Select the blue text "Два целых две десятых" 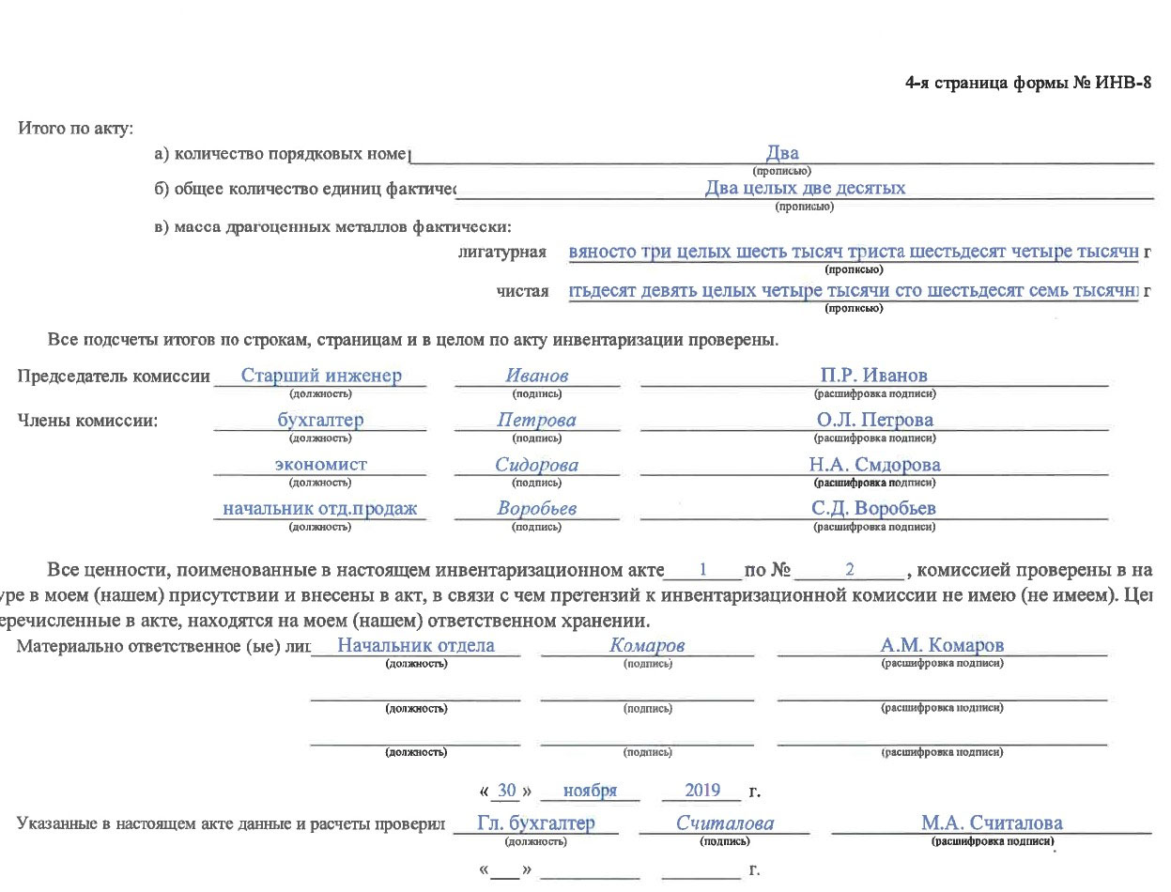coord(805,188)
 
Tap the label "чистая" coord(522,293)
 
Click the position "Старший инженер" coord(321,377)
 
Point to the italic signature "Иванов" coord(536,377)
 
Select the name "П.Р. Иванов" coord(873,377)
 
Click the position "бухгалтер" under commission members coord(320,421)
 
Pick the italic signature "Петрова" coord(536,421)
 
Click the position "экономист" coord(320,465)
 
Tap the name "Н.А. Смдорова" coord(874,465)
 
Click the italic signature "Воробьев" coord(536,509)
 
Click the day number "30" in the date coord(508,791)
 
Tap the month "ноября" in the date coord(590,791)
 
